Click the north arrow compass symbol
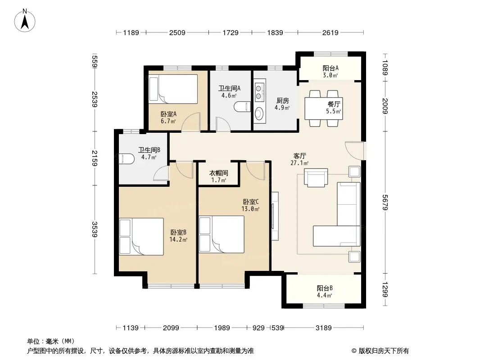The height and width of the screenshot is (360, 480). click(x=25, y=20)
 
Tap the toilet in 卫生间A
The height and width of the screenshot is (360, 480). click(x=242, y=107)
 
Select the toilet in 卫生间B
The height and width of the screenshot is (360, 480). click(x=127, y=158)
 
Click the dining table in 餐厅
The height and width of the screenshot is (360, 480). click(x=324, y=108)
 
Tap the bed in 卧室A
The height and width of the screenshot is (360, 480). click(x=173, y=89)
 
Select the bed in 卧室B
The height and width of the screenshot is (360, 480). click(x=141, y=236)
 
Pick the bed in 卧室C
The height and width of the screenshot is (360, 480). click(x=222, y=234)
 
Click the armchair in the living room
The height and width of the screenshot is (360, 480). click(x=316, y=177)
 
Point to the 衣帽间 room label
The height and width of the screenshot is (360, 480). click(x=218, y=173)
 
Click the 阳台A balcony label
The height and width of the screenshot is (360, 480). click(x=331, y=68)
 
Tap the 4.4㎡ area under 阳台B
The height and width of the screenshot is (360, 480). click(x=325, y=296)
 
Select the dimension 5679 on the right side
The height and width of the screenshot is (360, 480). click(x=385, y=202)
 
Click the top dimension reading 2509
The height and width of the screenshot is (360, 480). click(x=177, y=32)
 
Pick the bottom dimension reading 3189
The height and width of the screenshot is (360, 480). click(x=324, y=328)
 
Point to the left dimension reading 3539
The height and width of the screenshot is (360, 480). click(x=95, y=229)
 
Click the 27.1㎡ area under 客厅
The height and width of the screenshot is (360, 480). click(x=299, y=163)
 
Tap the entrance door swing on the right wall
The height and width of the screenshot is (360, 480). click(x=354, y=150)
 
